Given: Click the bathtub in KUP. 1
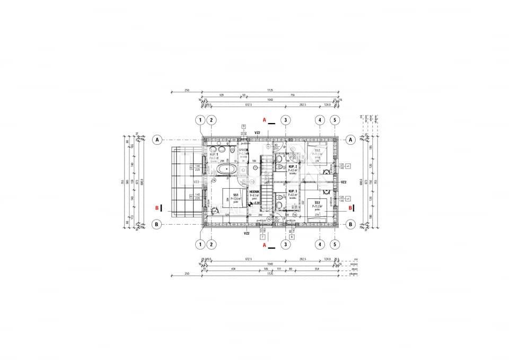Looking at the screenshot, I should pos(227,169).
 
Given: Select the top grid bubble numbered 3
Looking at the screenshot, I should pos(286,120).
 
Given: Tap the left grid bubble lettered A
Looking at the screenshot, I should pos(157,139).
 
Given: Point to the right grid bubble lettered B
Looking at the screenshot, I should pos(351,224).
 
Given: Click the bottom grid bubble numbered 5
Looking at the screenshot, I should pos(335,244).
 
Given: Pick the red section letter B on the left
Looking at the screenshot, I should pos(157,208).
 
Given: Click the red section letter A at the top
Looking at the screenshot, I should pos(264,120).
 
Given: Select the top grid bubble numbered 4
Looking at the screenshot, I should pos(320,120).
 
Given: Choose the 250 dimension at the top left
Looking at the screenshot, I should pos(187,90).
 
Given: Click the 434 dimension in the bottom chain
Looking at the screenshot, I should pos(232,269).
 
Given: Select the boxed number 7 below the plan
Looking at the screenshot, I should pos(262,236).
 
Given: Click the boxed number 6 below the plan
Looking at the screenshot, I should pos(292,236).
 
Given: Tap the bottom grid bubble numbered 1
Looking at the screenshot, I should pos(200,244).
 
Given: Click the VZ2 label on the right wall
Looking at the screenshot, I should pos(343,182).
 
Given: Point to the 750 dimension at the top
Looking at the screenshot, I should pos(292,95).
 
